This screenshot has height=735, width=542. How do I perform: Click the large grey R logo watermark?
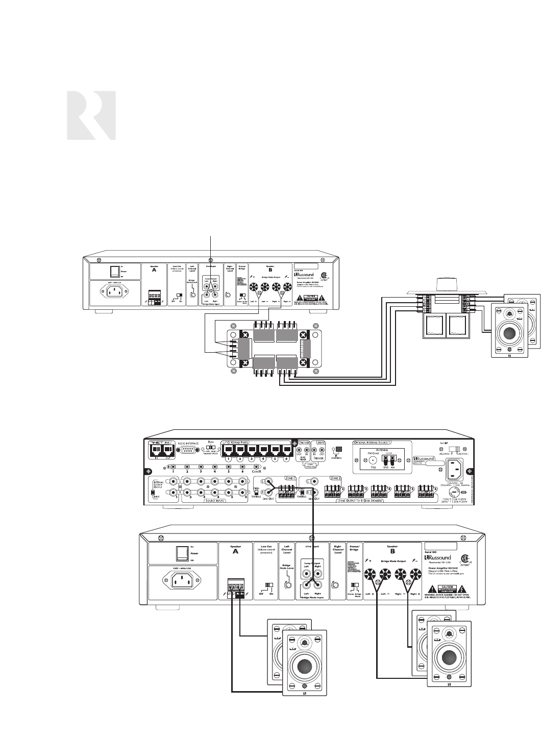[91, 116]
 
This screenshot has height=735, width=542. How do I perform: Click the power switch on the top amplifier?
[116, 271]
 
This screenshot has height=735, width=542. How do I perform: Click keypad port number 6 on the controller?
[286, 450]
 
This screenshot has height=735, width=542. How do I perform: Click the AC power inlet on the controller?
[456, 465]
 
